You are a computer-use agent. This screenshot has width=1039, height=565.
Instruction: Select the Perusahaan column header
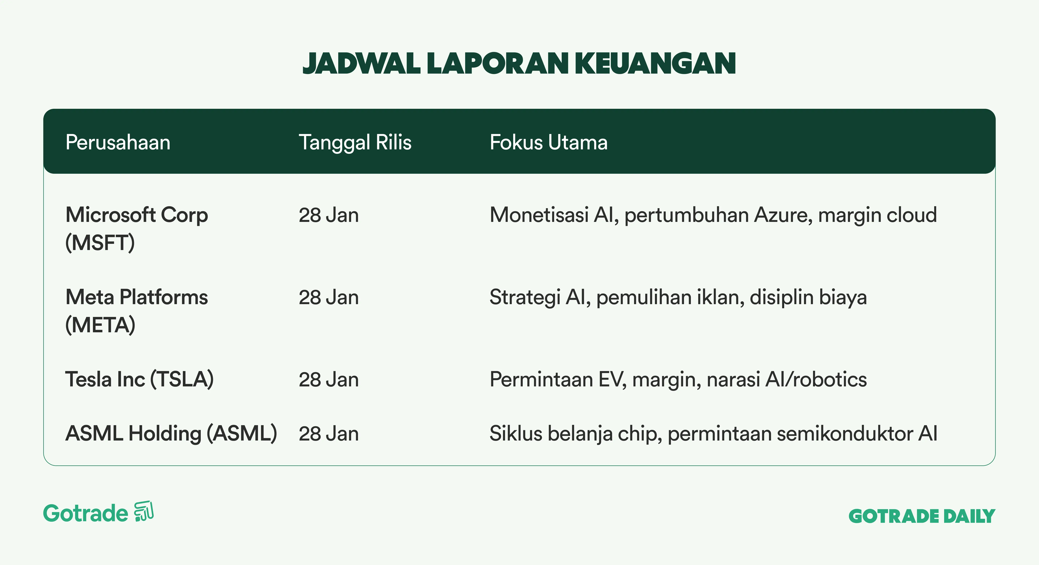[x=118, y=142]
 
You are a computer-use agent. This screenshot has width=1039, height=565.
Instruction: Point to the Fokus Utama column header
[x=549, y=142]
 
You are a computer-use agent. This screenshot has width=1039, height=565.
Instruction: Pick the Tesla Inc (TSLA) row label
[x=140, y=380]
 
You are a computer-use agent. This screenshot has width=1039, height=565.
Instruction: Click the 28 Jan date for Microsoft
[x=329, y=215]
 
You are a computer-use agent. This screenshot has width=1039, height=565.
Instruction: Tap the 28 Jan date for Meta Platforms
[x=329, y=297]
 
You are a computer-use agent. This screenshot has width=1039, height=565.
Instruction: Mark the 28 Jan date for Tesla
[x=329, y=380]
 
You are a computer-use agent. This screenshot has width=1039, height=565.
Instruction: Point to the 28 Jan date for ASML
[x=329, y=433]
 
